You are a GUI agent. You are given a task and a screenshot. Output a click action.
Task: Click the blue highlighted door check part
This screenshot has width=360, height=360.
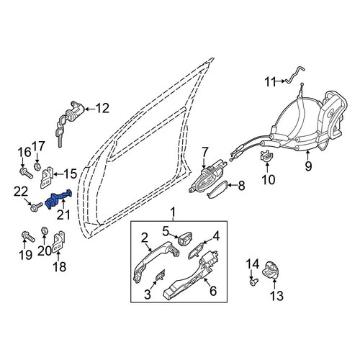58,199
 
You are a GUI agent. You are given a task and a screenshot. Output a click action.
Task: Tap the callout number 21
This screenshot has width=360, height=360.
63,215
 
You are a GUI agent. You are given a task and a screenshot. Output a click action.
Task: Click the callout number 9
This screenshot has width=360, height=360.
308,166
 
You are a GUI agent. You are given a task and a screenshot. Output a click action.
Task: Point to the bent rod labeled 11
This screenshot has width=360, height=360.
293,75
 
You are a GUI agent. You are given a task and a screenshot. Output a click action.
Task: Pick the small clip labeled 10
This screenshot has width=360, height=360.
266,156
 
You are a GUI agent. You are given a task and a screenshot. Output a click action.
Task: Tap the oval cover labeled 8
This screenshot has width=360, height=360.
216,189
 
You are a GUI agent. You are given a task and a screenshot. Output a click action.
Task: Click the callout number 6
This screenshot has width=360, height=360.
213,291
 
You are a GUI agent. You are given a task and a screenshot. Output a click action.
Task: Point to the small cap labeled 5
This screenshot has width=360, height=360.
185,238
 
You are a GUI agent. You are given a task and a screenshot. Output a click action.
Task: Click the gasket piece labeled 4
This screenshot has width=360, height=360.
197,250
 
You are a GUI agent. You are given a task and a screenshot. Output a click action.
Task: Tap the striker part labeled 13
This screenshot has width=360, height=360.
271,271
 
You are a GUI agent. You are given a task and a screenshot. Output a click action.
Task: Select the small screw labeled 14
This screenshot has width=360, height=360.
253,282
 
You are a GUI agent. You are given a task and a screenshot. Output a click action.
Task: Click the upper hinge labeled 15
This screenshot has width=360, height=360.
47,178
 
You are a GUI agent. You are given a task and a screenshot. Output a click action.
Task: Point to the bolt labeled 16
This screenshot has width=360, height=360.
26,174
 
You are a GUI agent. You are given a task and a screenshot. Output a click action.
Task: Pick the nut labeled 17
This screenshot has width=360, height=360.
37,166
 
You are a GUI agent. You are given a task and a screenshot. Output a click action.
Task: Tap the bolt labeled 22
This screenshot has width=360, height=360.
37,207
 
